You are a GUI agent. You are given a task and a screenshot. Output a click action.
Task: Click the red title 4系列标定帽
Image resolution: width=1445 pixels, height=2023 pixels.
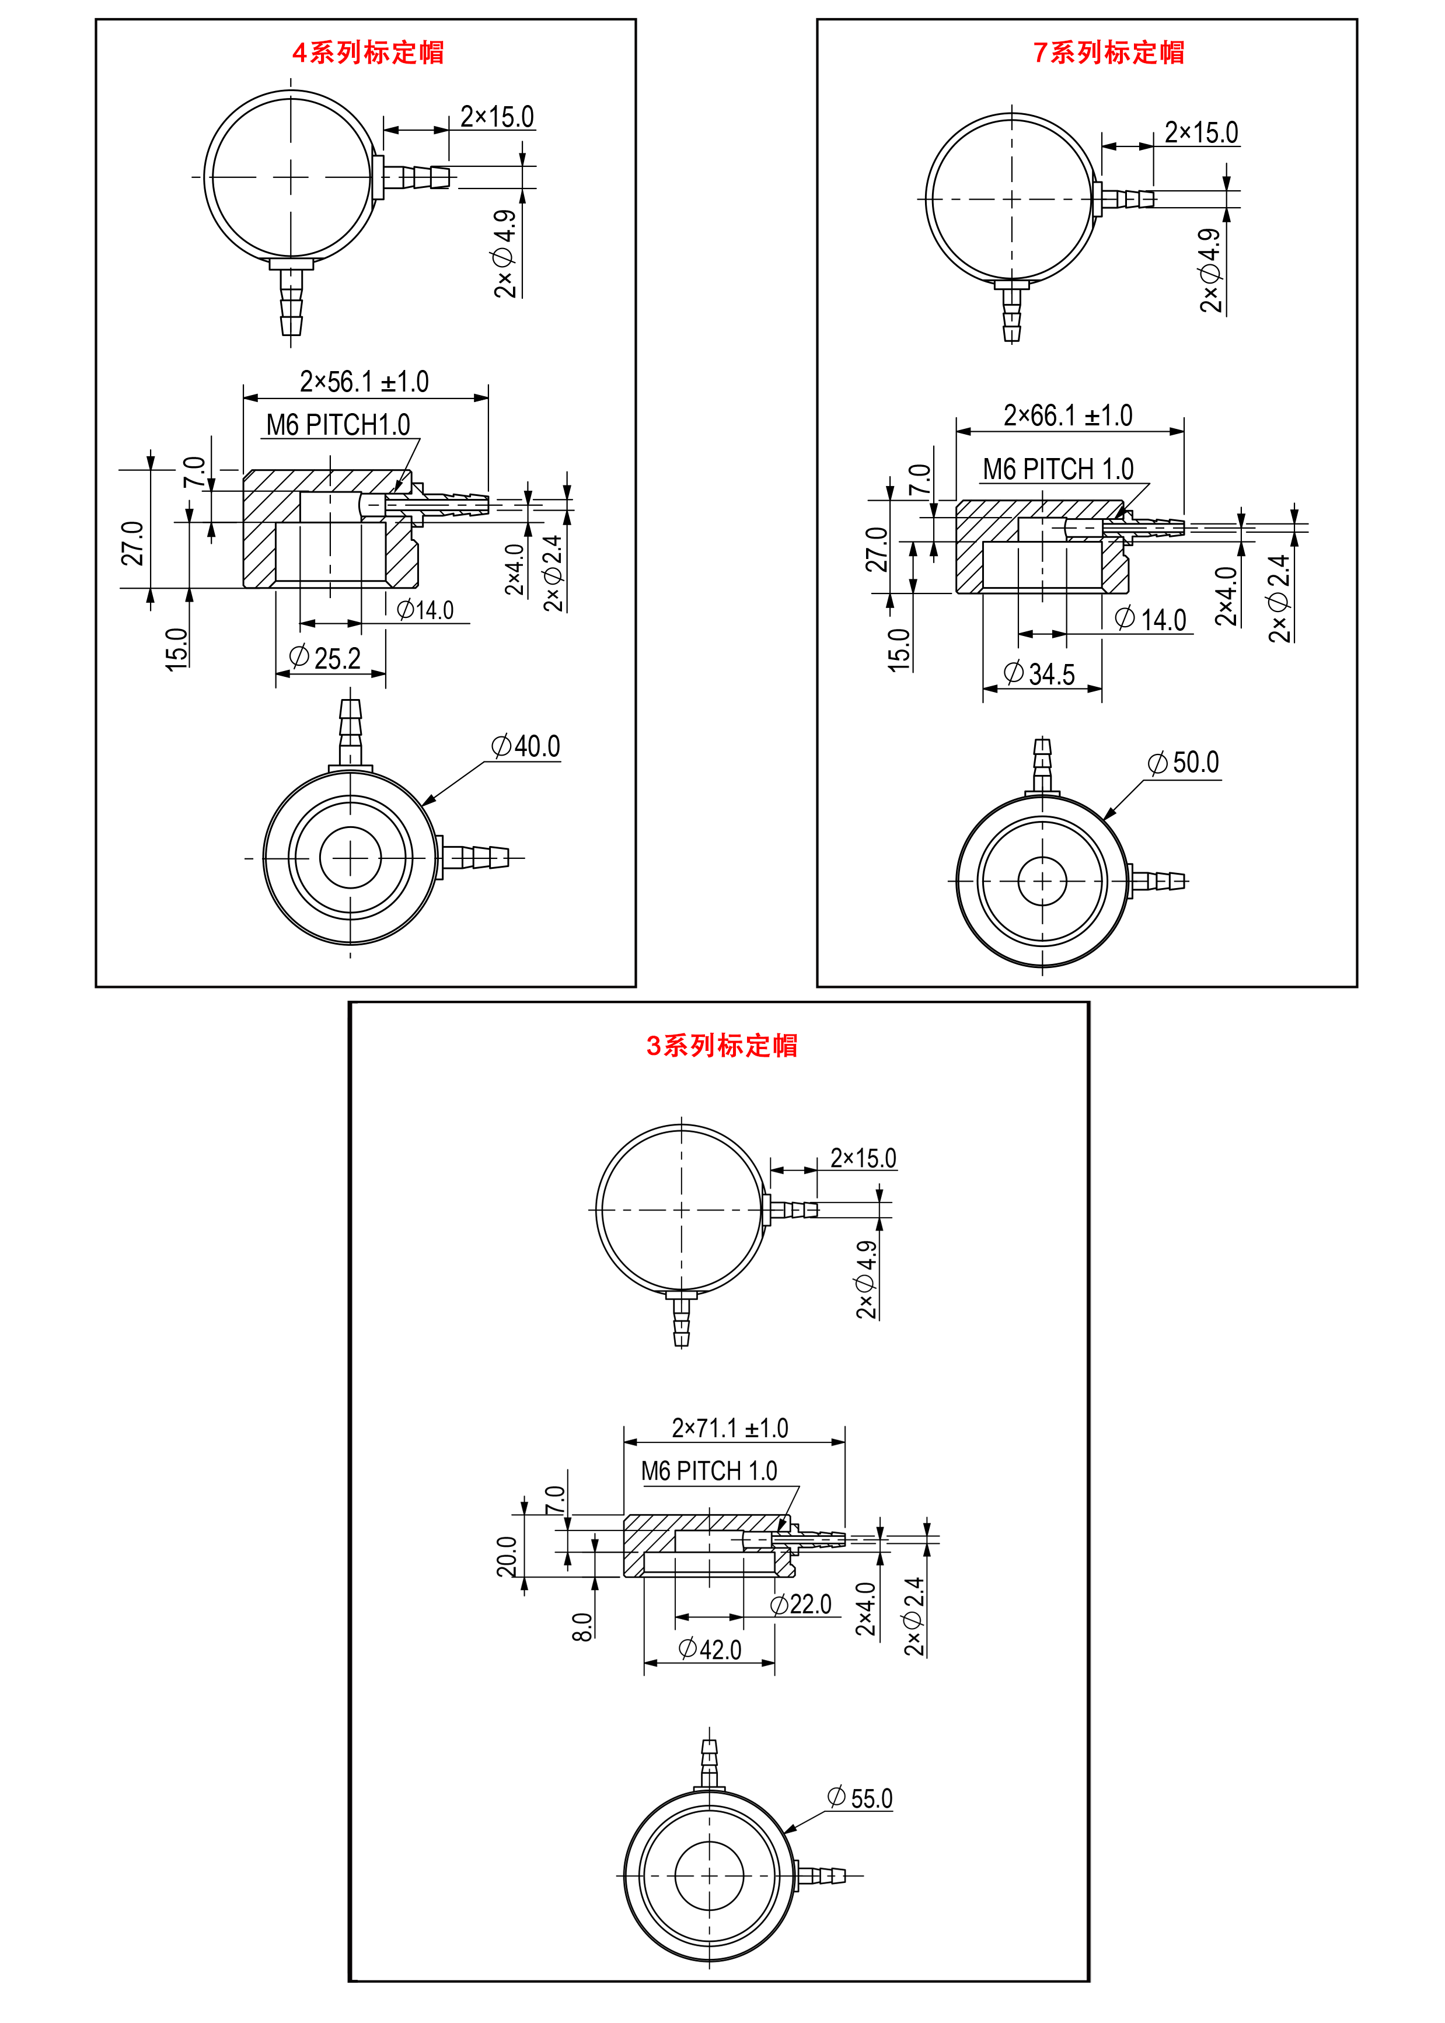click(368, 53)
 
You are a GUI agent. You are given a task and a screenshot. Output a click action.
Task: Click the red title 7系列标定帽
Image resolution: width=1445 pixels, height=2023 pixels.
click(1109, 53)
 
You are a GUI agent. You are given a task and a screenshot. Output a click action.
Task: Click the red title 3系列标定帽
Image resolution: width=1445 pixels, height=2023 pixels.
click(721, 1045)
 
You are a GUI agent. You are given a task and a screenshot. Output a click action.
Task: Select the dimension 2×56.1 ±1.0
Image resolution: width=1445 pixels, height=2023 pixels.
click(364, 382)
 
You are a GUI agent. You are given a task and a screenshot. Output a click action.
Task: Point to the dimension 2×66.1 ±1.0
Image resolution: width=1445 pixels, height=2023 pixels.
click(1068, 415)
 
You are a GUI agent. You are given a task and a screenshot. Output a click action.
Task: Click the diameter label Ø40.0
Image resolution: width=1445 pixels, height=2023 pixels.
click(526, 746)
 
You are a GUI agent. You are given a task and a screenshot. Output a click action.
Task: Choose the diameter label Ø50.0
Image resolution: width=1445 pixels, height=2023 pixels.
click(1184, 763)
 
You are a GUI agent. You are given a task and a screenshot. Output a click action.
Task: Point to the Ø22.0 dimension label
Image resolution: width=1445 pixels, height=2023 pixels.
click(801, 1605)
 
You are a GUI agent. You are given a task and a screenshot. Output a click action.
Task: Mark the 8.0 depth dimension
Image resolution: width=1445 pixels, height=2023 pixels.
click(582, 1628)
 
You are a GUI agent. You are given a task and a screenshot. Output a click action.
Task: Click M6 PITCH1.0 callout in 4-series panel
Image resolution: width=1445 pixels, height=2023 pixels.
click(338, 425)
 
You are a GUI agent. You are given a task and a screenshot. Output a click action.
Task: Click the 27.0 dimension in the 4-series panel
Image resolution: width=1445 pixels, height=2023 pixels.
click(132, 544)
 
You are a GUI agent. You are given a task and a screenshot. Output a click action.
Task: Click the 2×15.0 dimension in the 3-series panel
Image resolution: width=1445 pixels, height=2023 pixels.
click(863, 1158)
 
